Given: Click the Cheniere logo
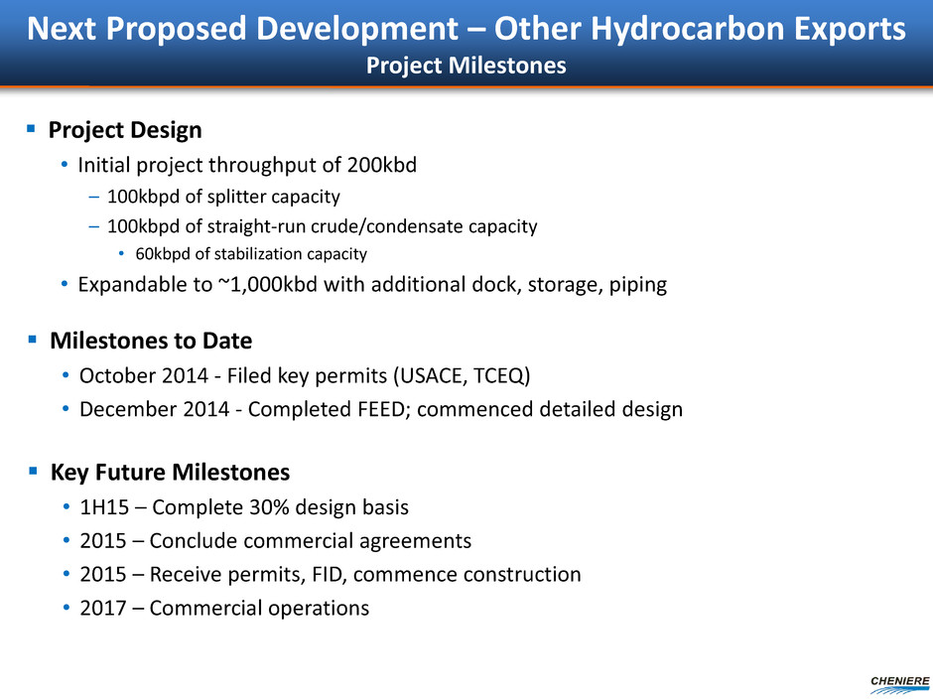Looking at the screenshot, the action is pos(899,685).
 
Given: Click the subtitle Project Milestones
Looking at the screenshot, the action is pos(466,66).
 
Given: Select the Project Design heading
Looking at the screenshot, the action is pos(125,130).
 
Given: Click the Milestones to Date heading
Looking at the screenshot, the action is pos(151,341).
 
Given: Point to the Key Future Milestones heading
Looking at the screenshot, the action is pos(170,472).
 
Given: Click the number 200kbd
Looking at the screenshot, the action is pos(382,165).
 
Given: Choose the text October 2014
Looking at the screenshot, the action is pos(143,376).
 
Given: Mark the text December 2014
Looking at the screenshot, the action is pos(154,409).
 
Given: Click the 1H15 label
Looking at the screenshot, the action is pos(104,507).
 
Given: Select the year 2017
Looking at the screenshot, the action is pos(103,609).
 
